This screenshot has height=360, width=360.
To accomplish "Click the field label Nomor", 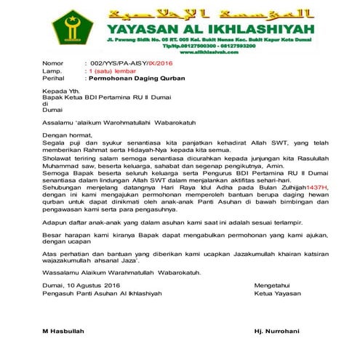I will pyautogui.click(x=53, y=64).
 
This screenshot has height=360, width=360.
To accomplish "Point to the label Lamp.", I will pyautogui.click(x=52, y=71).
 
